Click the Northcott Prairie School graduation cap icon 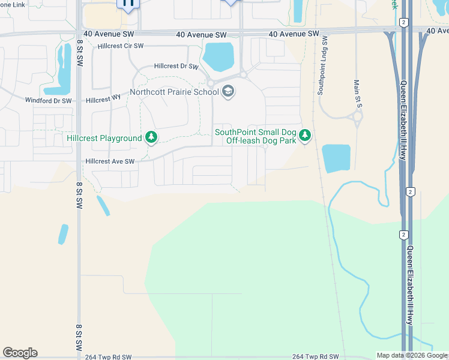[228, 92]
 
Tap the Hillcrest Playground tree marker [151, 138]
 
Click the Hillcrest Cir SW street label [121, 46]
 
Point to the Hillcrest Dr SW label [176, 67]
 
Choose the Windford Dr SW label [48, 100]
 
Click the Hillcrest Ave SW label [110, 161]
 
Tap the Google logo [20, 353]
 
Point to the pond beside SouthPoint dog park [336, 158]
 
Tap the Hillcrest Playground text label [104, 138]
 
